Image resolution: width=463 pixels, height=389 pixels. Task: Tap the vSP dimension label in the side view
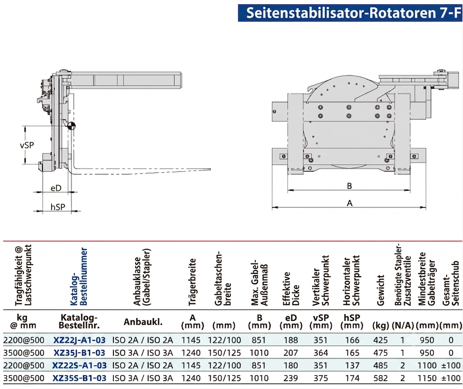27,145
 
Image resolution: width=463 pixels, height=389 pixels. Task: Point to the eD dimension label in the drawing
56,188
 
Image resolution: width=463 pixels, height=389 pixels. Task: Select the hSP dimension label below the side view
58,207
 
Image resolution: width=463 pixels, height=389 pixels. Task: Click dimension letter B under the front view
350,186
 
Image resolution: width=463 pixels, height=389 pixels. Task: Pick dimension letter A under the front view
350,203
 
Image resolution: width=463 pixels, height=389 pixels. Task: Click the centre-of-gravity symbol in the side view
71,126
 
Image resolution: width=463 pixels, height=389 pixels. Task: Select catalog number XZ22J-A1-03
79,340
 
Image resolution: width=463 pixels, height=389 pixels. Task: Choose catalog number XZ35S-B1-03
79,378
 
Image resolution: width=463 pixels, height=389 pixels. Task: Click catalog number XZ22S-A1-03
79,366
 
